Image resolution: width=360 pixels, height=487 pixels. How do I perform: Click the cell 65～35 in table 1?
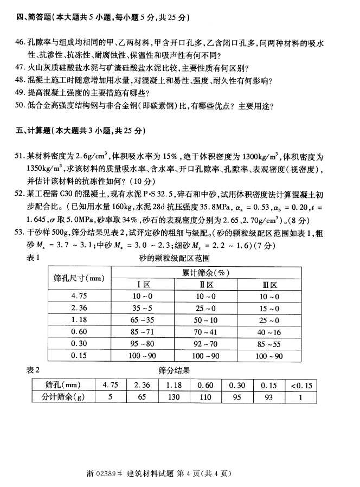143,319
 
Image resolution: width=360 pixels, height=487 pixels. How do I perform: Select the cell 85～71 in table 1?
143,331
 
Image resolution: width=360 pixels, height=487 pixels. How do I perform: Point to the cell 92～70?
206,343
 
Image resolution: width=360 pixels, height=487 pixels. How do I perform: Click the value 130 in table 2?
175,396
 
